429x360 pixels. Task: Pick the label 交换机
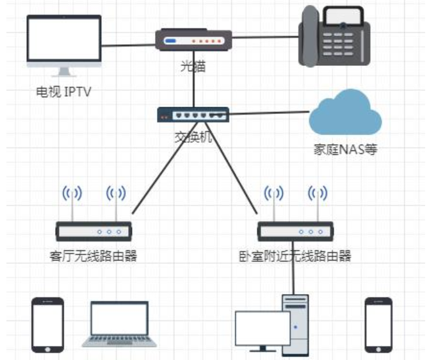point(193,136)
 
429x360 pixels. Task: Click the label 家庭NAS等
point(345,151)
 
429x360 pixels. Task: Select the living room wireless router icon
point(93,231)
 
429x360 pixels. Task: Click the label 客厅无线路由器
point(93,257)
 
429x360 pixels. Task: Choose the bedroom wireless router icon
point(295,231)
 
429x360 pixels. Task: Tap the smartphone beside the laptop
point(48,324)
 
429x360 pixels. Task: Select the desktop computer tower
point(296,323)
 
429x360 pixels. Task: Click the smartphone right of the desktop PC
point(378,324)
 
